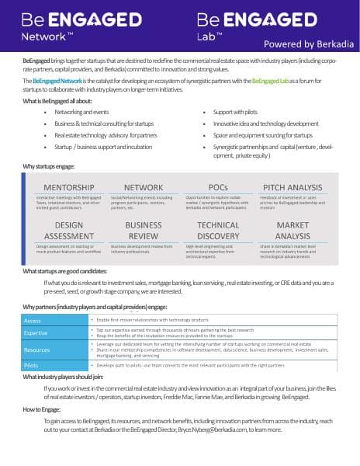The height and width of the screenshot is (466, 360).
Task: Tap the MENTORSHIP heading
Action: [69, 187]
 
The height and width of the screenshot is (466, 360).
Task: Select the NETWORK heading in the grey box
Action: [143, 187]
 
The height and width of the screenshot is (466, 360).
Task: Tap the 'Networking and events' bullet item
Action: [81, 112]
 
